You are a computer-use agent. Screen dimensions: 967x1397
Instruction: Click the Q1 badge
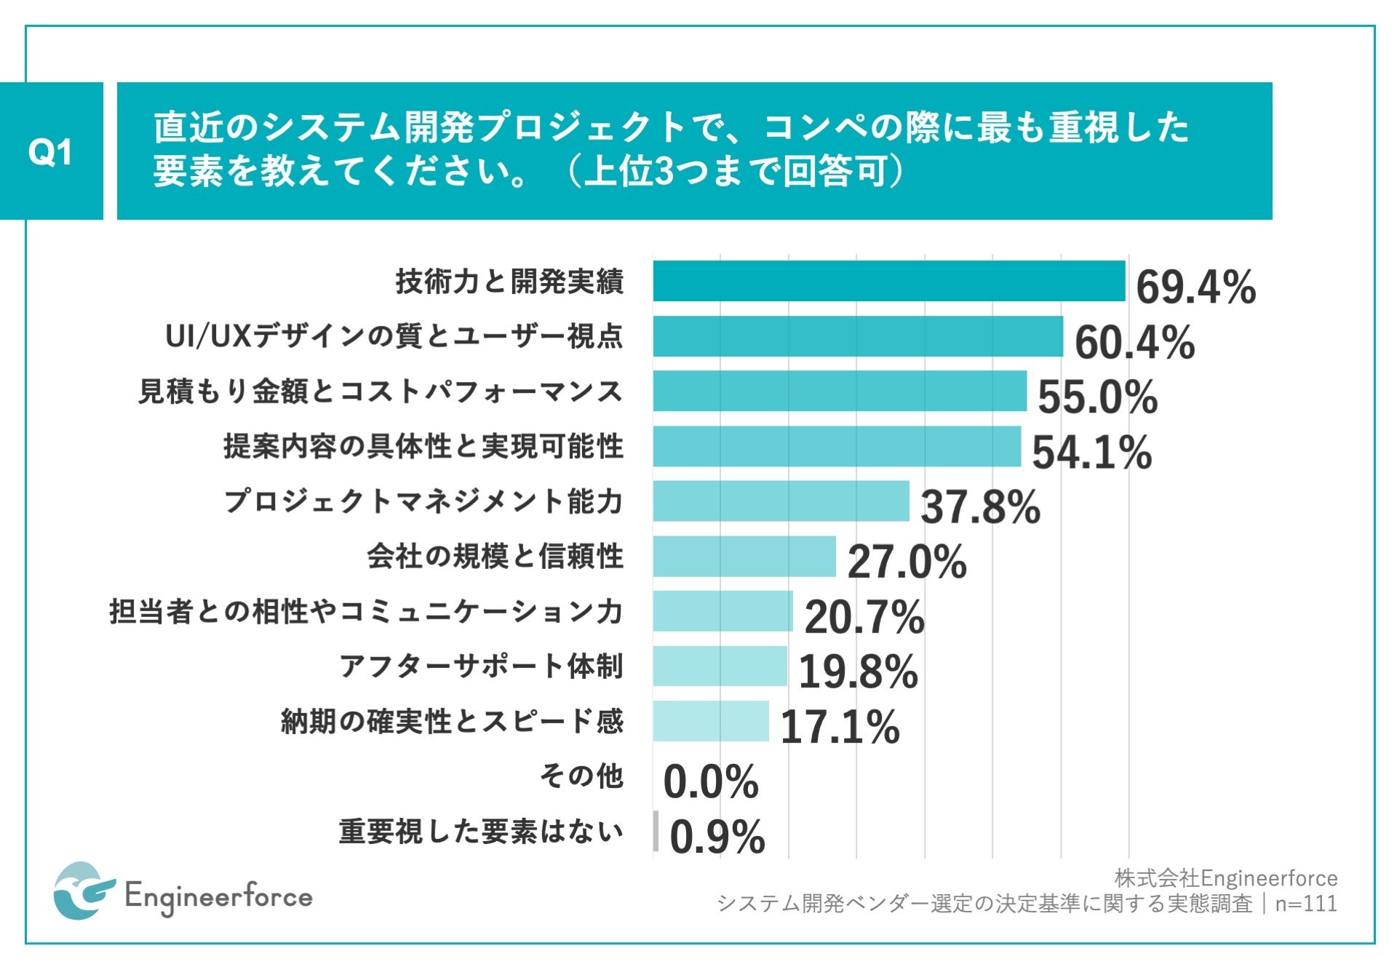click(x=50, y=151)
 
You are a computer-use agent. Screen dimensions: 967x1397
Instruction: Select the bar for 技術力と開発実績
click(x=888, y=281)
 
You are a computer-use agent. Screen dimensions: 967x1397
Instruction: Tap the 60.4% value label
click(x=1134, y=343)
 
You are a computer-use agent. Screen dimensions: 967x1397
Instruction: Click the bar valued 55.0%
click(x=839, y=391)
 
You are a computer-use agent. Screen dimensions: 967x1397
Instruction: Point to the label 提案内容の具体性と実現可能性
click(x=423, y=446)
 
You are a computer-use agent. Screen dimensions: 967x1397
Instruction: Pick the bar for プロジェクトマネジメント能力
click(x=781, y=501)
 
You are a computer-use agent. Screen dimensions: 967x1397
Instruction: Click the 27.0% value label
click(x=907, y=562)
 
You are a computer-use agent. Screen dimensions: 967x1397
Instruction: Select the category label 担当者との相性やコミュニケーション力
click(x=366, y=611)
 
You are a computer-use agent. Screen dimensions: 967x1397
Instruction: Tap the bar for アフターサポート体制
click(x=720, y=666)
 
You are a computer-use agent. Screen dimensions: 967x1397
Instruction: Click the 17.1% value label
click(x=840, y=726)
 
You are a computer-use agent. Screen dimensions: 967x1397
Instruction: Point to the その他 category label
click(x=581, y=776)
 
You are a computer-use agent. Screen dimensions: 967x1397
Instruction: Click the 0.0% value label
click(x=710, y=781)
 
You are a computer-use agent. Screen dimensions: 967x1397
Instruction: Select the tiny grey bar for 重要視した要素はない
click(x=656, y=831)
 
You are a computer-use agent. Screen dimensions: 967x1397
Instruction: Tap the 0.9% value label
click(x=717, y=837)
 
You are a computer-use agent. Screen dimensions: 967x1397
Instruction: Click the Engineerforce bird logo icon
click(x=83, y=891)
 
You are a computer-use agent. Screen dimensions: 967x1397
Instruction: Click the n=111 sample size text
click(x=1306, y=904)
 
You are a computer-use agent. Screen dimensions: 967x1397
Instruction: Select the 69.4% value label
click(x=1195, y=287)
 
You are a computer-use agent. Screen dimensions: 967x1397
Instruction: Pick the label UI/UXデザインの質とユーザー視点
click(x=394, y=336)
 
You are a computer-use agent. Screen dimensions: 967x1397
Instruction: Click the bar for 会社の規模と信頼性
click(x=744, y=557)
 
